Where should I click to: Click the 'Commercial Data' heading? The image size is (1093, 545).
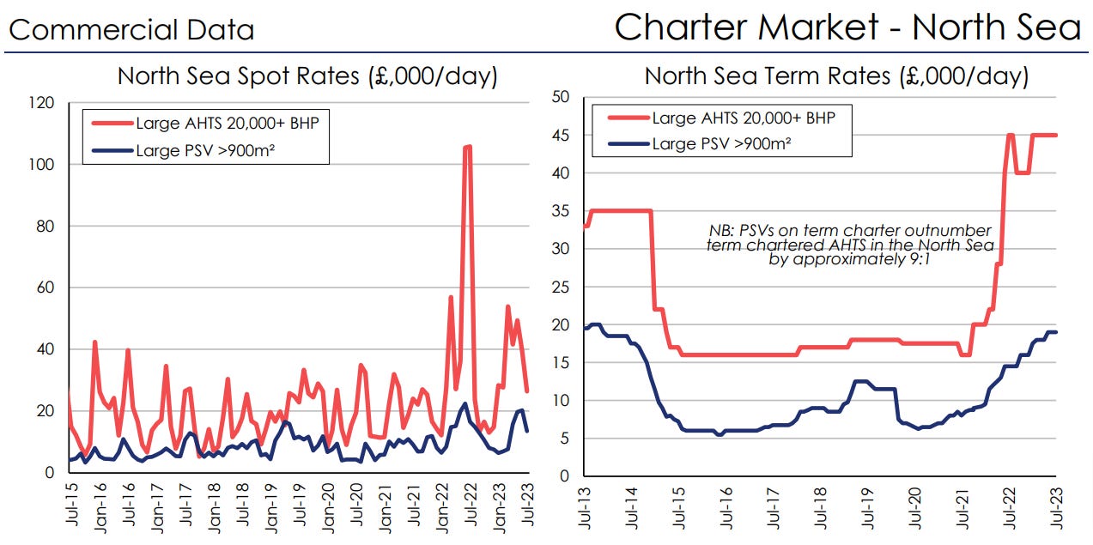pos(131,31)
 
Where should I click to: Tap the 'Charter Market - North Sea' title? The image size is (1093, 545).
pos(847,27)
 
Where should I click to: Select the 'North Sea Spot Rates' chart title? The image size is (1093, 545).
pos(307,76)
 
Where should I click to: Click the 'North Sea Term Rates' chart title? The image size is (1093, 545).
pos(836,76)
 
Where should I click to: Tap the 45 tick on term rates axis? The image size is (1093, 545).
pos(561,135)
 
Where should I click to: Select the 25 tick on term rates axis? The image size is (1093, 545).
pos(561,287)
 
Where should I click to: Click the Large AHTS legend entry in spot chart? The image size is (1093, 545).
pos(227,123)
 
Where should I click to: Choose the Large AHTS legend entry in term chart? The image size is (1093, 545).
pos(743,118)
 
